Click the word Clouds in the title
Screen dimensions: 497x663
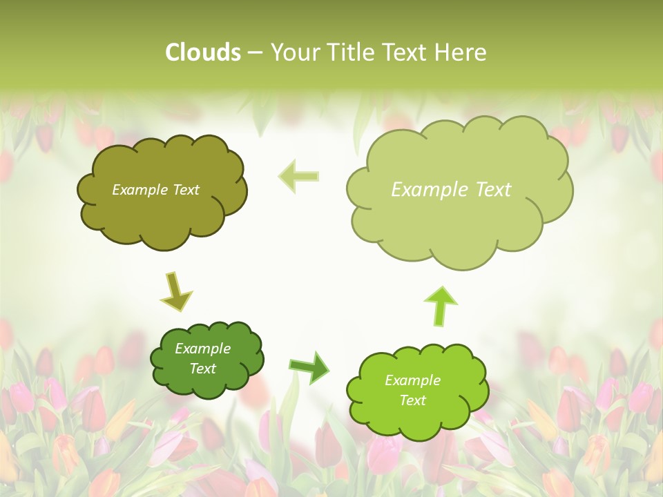tap(203, 52)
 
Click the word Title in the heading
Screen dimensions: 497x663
tap(350, 52)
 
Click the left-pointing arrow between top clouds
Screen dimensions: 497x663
tap(299, 175)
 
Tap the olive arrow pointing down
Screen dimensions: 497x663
tap(175, 291)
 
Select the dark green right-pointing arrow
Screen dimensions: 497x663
tap(309, 367)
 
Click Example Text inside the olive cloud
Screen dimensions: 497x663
tap(155, 189)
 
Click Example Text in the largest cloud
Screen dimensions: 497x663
tap(451, 189)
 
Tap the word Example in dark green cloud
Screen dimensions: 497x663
tap(202, 349)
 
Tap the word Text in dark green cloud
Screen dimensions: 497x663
tap(202, 369)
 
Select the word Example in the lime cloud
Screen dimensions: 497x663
tap(412, 380)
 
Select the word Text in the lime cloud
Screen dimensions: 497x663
tap(412, 400)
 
